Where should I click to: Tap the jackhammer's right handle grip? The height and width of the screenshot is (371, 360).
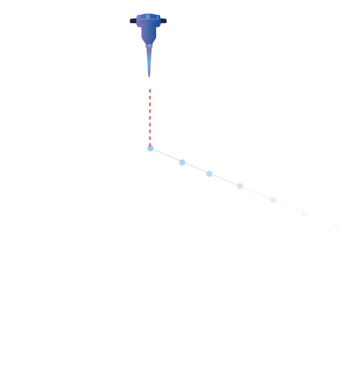[164, 21]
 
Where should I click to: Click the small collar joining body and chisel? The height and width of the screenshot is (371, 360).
[149, 45]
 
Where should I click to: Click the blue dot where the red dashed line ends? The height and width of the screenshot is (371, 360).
[150, 148]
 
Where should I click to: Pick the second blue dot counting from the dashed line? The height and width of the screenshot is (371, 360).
[182, 162]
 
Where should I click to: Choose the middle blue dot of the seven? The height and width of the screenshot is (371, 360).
[240, 186]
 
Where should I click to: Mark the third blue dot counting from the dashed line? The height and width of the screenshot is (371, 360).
[209, 174]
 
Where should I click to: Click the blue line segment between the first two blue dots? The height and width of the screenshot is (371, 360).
[166, 155]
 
